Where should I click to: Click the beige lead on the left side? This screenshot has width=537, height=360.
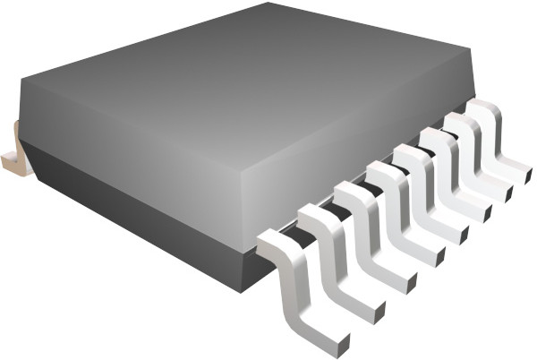click(13, 149)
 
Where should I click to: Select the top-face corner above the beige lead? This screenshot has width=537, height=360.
click(20, 81)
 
